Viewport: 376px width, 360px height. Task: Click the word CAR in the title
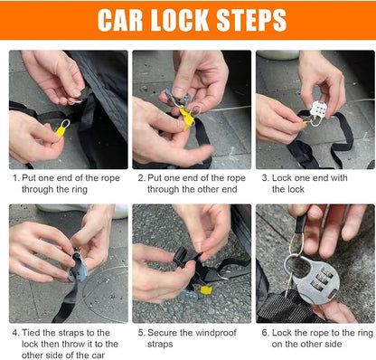[120, 20]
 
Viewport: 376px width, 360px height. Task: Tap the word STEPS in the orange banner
[251, 20]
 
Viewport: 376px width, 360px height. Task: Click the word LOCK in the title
[180, 20]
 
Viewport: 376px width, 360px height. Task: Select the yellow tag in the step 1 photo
[61, 131]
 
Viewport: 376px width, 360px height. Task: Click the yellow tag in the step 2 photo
[187, 118]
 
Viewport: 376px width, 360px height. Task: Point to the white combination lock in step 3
[318, 112]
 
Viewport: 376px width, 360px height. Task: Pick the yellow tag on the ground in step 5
[206, 290]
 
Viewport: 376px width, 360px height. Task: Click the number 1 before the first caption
[15, 178]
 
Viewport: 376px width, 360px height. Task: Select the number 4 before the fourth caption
[15, 333]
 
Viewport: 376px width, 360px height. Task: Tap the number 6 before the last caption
[265, 333]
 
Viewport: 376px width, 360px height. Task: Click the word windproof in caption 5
[216, 333]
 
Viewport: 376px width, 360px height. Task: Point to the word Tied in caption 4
[31, 333]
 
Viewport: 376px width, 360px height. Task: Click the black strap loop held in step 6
[300, 223]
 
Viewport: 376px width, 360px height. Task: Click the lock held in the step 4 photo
[78, 267]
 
